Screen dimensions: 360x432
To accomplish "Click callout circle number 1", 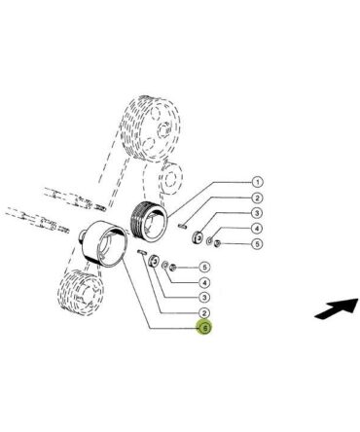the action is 257,182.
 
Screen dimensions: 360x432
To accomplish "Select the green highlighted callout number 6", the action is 204,328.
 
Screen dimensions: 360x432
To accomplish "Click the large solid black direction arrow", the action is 337,308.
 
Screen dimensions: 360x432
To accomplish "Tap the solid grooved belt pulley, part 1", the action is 149,221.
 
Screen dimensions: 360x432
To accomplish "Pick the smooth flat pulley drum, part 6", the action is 104,243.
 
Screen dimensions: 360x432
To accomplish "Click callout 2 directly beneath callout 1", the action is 257,198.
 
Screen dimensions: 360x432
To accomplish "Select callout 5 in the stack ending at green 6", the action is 204,268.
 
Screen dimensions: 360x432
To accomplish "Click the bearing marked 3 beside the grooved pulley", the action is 198,237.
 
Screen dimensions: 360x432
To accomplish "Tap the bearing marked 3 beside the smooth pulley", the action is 154,261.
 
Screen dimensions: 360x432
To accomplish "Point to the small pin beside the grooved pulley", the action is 182,226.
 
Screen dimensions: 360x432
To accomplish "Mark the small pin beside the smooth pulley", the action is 142,252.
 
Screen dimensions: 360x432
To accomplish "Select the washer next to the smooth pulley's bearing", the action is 165,266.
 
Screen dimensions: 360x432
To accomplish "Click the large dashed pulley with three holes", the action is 150,128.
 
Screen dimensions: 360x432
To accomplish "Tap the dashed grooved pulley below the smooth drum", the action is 81,292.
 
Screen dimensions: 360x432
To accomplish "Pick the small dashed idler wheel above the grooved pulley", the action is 171,178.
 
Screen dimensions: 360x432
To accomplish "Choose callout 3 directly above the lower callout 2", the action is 204,297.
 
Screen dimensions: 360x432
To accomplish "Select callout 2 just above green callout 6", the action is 204,313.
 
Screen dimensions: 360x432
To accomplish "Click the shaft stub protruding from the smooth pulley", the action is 83,235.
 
